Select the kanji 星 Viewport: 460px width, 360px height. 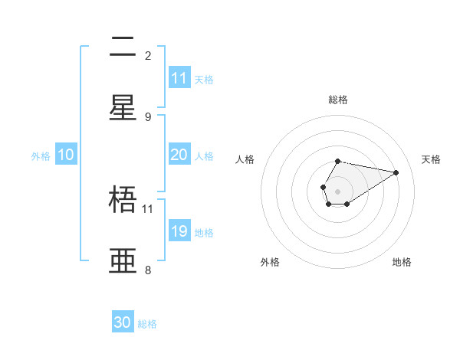pyautogui.click(x=123, y=108)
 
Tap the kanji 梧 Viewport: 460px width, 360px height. pyautogui.click(x=123, y=200)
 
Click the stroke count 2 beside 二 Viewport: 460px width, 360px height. pyautogui.click(x=148, y=55)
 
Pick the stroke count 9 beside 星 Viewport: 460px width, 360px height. pyautogui.click(x=148, y=116)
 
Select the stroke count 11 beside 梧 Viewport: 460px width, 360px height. pyautogui.click(x=148, y=208)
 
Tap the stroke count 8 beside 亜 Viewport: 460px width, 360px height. pyautogui.click(x=148, y=270)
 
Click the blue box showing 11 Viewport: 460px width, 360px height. pyautogui.click(x=179, y=78)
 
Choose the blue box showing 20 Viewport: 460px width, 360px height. pyautogui.click(x=179, y=155)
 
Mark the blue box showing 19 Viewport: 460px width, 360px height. pyautogui.click(x=179, y=231)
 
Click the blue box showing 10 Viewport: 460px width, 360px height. pyautogui.click(x=66, y=155)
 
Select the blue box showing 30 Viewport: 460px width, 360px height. pyautogui.click(x=123, y=322)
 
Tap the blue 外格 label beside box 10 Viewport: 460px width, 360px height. pyautogui.click(x=41, y=156)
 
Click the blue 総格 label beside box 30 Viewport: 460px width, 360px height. pyautogui.click(x=148, y=324)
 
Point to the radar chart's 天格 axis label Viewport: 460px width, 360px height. pyautogui.click(x=431, y=159)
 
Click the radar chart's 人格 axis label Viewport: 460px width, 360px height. pyautogui.click(x=245, y=159)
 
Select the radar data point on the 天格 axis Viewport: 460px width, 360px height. pyautogui.click(x=396, y=172)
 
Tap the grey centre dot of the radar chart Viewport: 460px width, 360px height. pyautogui.click(x=337, y=191)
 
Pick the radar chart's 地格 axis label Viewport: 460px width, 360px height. pyautogui.click(x=402, y=262)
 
